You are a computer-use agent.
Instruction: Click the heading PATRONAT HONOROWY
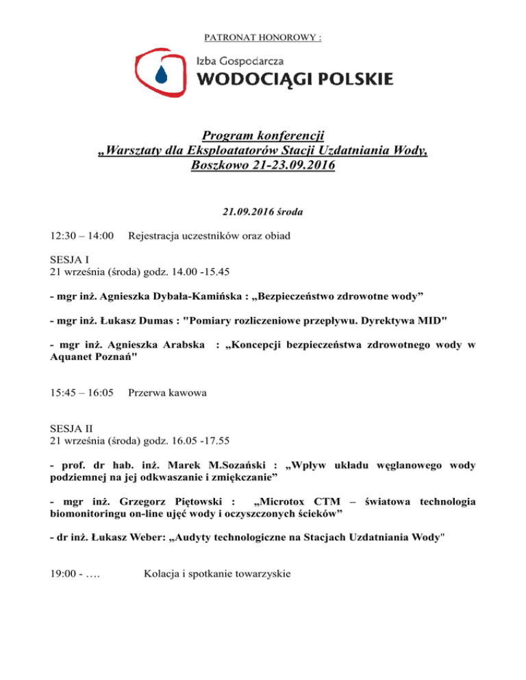click(x=262, y=38)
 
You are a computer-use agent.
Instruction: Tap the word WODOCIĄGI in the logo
click(x=258, y=79)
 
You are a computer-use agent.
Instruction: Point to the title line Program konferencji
click(x=262, y=135)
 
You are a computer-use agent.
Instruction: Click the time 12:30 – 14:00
click(x=82, y=236)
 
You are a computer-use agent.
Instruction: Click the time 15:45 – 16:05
click(x=82, y=394)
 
